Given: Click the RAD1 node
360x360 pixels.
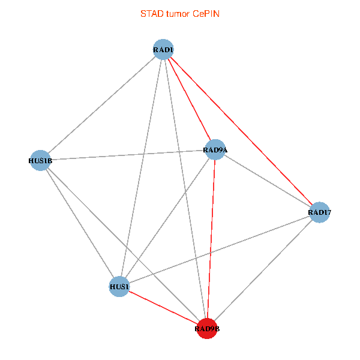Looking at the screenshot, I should pos(163,50).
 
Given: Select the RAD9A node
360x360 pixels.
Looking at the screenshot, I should pos(215,149).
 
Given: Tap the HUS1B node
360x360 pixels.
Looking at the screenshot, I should pos(40,160).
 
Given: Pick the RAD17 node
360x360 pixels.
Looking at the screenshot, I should pos(320,212).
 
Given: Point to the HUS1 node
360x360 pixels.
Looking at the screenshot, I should pos(119,287).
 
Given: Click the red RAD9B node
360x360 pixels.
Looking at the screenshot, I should pos(207,328).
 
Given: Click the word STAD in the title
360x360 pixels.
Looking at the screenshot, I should pos(150,13).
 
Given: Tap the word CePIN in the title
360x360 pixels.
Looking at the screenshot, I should pos(206,13).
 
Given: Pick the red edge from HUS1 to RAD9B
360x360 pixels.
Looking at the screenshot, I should pos(163,308).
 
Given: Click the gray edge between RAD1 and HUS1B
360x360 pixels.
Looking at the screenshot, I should pos(101,105).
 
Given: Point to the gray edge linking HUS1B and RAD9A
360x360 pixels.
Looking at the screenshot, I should pos(127,155).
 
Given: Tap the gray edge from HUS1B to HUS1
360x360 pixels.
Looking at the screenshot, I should pos(79,223).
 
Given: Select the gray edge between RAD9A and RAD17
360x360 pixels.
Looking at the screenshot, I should pos(268,181).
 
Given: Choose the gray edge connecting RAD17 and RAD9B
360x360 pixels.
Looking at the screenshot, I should pos(263,270).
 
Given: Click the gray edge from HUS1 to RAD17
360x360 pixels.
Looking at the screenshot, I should pos(220,250).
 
